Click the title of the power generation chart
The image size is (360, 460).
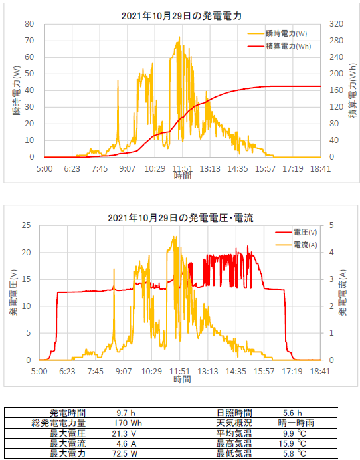pos(181,16)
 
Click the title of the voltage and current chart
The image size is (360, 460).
pos(181,218)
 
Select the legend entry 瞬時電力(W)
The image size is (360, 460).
pos(286,33)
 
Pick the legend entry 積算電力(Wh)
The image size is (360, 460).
pos(288,46)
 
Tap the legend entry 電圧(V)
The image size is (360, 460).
pos(305,233)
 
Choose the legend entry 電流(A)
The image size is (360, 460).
pos(305,245)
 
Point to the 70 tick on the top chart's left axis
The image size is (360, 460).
pos(29,41)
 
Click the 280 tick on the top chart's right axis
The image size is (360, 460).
pos(336,41)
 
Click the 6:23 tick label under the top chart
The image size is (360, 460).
pos(72,169)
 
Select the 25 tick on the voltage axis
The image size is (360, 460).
pos(26,225)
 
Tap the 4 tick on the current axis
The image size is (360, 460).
pos(331,253)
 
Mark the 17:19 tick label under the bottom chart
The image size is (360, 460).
pos(292,372)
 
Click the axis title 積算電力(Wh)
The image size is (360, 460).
pos(353,90)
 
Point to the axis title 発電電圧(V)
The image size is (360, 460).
pos(14,292)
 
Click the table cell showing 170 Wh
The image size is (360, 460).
pos(128,423)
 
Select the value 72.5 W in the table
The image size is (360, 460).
pos(125,453)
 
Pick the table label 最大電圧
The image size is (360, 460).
pos(68,433)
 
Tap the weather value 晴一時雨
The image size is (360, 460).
pos(296,423)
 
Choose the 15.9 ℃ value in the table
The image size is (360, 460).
pos(292,443)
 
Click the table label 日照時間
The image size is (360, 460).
pos(234,413)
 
